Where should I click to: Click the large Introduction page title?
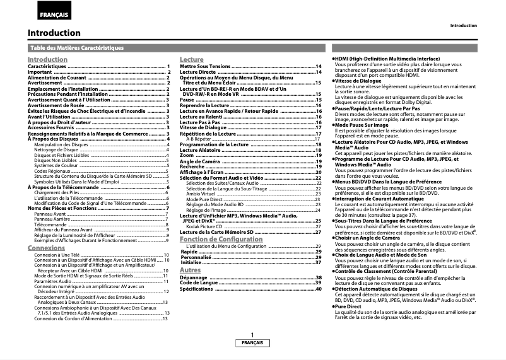click(54, 33)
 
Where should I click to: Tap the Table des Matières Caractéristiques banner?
click(77, 48)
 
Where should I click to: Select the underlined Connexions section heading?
click(46, 248)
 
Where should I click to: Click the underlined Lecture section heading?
click(191, 59)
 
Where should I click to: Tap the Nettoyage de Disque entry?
click(61, 150)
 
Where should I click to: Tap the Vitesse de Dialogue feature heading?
click(358, 81)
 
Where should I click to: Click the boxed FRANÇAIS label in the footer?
click(252, 343)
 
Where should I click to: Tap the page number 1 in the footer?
click(252, 335)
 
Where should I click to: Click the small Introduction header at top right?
click(463, 26)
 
